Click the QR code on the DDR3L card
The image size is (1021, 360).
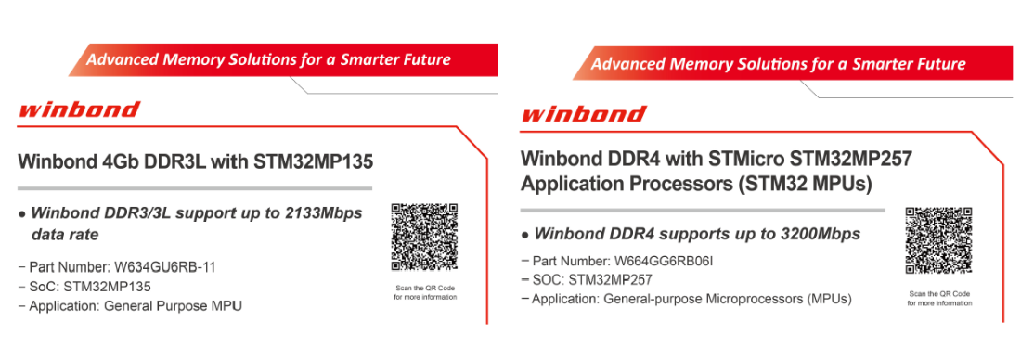click(424, 237)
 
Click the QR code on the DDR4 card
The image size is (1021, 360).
click(939, 241)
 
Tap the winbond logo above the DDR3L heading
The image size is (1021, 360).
click(80, 109)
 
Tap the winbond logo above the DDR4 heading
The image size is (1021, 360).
click(584, 114)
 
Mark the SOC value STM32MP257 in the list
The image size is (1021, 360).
click(610, 280)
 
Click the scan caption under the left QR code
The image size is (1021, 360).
click(425, 292)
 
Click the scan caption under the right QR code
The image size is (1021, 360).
click(939, 298)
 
